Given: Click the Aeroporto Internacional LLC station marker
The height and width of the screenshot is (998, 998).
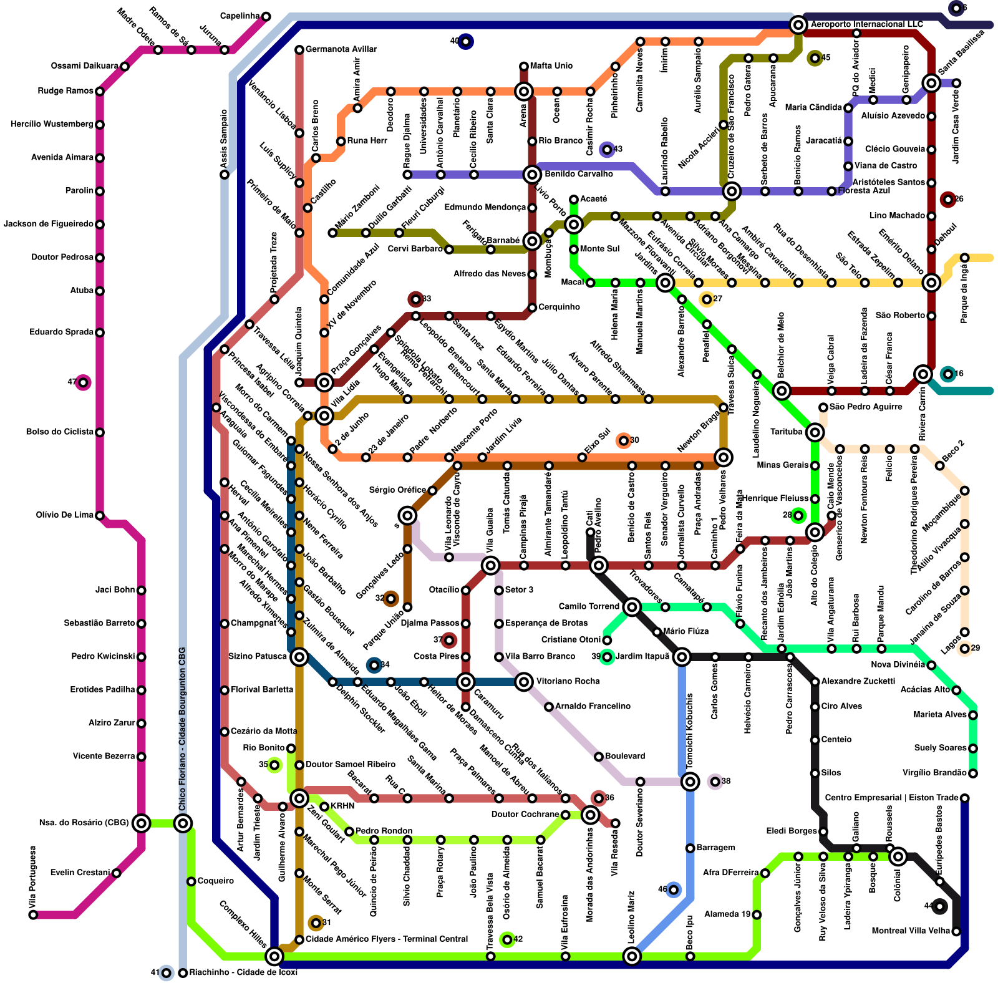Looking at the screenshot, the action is coord(798,25).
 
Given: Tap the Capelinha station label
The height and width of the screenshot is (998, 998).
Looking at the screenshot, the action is coord(240,16).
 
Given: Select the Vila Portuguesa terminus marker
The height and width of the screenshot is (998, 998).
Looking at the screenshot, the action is coord(33,915).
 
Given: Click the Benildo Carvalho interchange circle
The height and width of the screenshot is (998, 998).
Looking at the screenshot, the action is coord(532,174).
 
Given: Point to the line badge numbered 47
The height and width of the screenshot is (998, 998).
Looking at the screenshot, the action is coord(82,382).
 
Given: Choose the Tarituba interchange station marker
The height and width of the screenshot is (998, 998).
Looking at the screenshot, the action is coord(815,432).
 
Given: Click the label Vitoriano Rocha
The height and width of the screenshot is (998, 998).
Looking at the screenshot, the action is coord(568,681).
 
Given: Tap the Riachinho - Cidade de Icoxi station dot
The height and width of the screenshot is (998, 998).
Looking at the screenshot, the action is coord(183,973).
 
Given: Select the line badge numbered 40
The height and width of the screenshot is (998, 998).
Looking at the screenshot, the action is coord(465,42).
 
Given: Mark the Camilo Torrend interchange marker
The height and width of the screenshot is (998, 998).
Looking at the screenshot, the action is coord(632,607).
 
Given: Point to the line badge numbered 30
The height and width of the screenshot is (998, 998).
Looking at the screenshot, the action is coord(623,441).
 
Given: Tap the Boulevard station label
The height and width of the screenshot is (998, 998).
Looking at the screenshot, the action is coord(625,756).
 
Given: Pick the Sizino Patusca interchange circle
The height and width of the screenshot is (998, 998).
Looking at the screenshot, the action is coord(299,656).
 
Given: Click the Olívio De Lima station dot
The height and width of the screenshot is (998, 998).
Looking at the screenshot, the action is coord(100,515).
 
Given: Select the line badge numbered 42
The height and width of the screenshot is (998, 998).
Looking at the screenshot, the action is coord(507,939).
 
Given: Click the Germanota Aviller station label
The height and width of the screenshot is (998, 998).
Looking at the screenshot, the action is coord(341,49).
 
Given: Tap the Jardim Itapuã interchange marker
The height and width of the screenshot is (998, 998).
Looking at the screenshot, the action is coord(682,656).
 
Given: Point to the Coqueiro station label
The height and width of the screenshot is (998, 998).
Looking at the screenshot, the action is coord(215,881).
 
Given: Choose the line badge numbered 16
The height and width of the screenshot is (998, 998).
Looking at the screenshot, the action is coord(948,374).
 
